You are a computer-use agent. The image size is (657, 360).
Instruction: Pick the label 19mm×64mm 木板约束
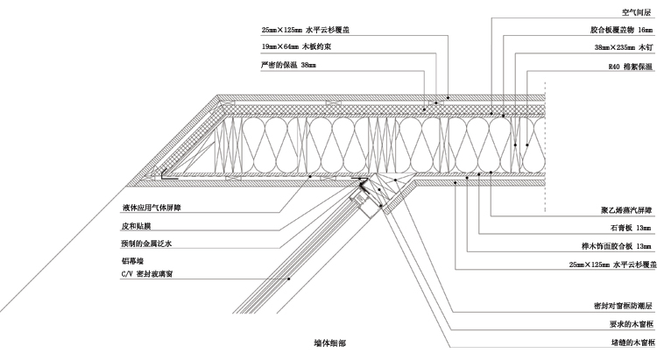pyautogui.click(x=294, y=46)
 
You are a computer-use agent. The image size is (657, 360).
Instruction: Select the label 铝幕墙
pyautogui.click(x=131, y=260)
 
